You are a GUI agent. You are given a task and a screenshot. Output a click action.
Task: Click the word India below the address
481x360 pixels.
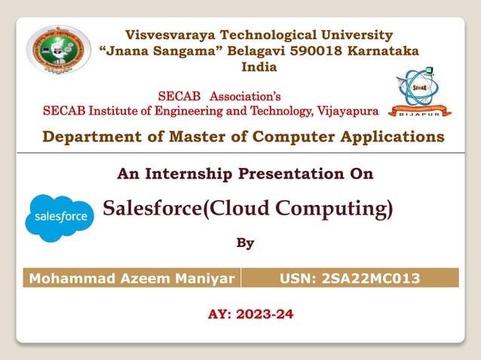pos(259,66)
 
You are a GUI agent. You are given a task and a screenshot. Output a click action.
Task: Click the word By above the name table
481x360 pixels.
pos(245,243)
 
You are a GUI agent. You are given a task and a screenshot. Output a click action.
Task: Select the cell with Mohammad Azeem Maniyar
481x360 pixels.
pos(132,279)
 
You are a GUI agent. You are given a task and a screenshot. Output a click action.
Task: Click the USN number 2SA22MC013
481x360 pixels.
pos(370,279)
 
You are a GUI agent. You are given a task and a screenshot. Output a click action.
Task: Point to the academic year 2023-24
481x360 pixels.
pos(265,314)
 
